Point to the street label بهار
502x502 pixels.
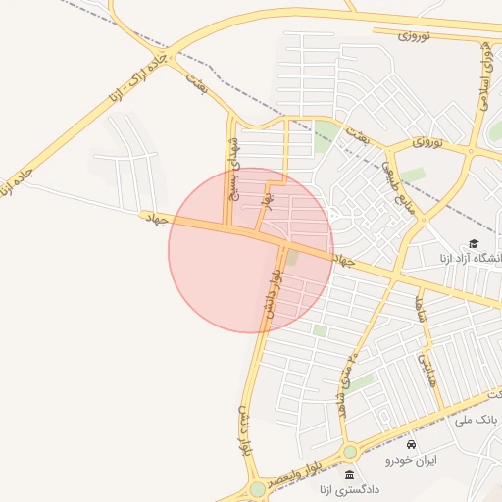[x=265, y=200]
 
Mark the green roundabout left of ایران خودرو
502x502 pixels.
[x=350, y=452]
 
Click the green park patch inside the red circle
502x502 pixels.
[x=291, y=257]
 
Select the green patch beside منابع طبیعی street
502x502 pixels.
[x=413, y=175]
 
